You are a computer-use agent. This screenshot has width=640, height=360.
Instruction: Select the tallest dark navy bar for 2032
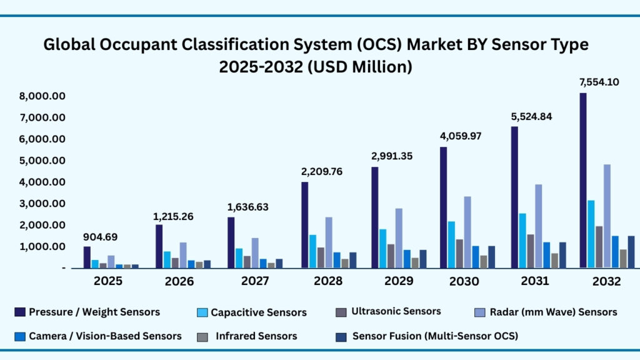(x=582, y=181)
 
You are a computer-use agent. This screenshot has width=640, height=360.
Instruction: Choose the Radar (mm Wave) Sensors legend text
(x=552, y=312)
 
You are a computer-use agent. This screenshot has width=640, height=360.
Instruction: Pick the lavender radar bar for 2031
(x=538, y=226)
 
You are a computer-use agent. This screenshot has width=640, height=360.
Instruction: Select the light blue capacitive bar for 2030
(x=452, y=244)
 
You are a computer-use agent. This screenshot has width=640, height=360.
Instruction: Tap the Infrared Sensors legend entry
(x=256, y=336)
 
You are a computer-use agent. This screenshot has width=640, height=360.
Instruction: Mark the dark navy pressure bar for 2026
(x=159, y=246)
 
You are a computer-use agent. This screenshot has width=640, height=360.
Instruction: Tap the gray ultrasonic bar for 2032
(x=598, y=247)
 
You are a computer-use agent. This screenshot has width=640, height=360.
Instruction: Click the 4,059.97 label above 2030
(x=459, y=136)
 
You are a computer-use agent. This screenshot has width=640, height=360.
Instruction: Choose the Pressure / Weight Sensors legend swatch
(x=19, y=312)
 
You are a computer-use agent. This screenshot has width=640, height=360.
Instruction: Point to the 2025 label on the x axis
(x=107, y=281)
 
